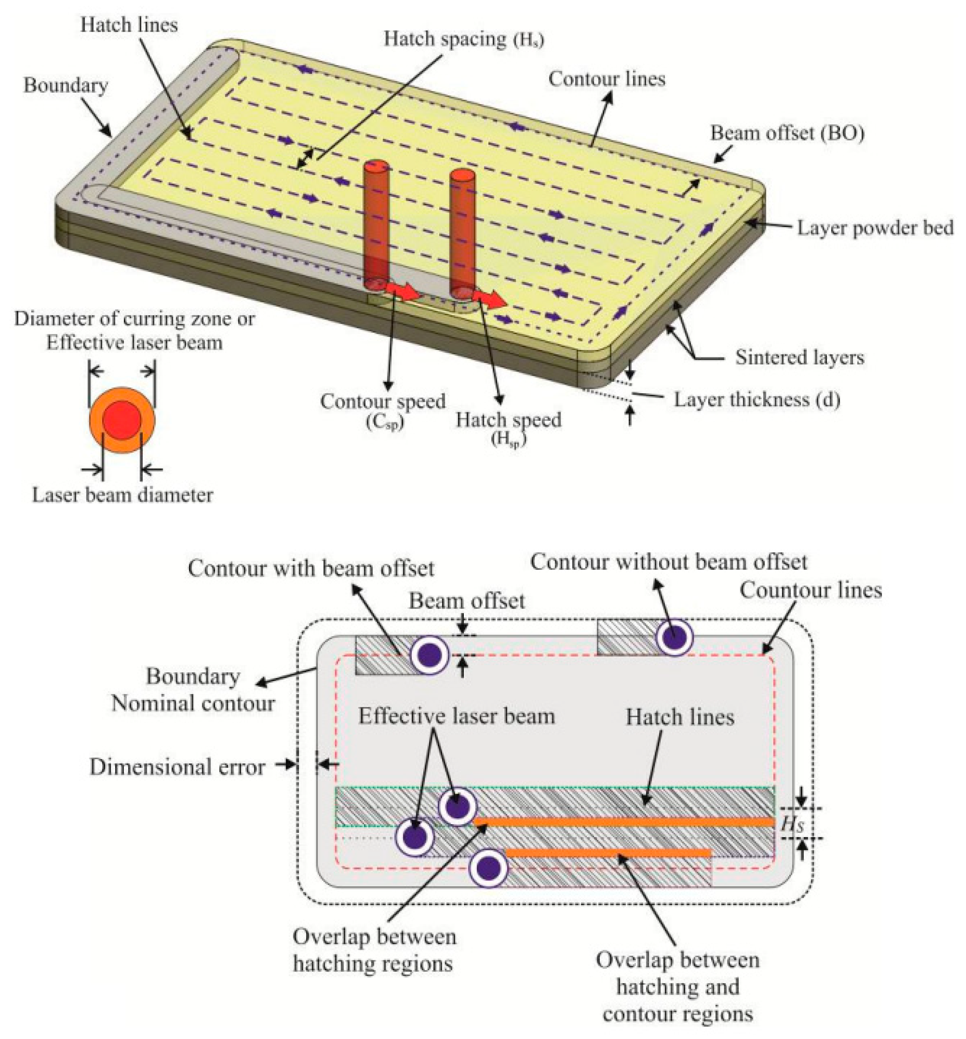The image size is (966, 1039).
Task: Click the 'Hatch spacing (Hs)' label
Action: (464, 40)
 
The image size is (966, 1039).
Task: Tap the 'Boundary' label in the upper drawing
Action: (66, 86)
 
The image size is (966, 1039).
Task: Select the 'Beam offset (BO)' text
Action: (787, 134)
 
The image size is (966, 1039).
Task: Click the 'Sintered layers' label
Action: (800, 357)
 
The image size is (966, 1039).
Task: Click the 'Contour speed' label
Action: (383, 401)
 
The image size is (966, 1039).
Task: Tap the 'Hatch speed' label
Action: (508, 420)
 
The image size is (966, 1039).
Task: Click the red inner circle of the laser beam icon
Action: (122, 420)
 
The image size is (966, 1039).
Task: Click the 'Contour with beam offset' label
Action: (311, 569)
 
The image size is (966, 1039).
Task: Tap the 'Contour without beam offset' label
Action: (669, 562)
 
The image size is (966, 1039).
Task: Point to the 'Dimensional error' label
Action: (177, 767)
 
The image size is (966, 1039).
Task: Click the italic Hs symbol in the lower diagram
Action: (792, 824)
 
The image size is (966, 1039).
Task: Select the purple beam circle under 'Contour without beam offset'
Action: (674, 638)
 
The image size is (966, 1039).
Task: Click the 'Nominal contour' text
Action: (193, 704)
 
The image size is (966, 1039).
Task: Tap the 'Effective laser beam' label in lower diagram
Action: (456, 716)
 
